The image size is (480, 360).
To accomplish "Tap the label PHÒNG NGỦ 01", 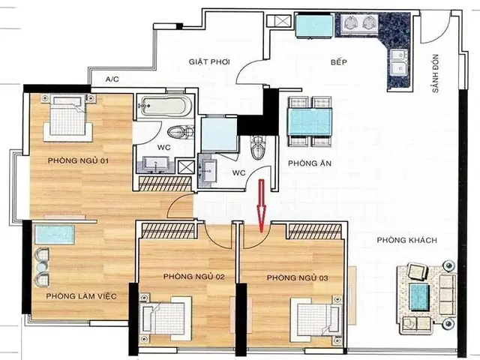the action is point(78,160).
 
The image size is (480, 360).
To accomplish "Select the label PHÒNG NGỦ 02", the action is point(193,277).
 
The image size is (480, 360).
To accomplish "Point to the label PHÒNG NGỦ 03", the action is point(297,277).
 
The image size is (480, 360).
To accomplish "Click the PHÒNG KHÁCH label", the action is point(406,240).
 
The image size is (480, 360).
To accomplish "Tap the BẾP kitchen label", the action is point(339,61).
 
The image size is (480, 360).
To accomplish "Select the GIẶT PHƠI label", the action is point(209,61).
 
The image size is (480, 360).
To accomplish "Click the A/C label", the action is point(112,79).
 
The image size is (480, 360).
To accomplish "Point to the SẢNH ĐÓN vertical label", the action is point(436,73).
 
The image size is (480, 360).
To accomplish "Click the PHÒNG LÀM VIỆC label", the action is point(82,296).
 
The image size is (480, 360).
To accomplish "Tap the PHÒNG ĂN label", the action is point(310,163).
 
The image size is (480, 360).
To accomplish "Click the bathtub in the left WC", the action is point(165,106).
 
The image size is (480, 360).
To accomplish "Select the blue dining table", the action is point(310,121).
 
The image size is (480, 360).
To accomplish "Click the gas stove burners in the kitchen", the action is point(357,22).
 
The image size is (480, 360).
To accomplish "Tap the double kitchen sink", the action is point(398,64).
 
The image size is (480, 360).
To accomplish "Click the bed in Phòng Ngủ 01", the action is point(68,118).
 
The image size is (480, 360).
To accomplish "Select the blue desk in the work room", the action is point(55,235).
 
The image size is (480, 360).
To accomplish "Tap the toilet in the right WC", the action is point(258,148).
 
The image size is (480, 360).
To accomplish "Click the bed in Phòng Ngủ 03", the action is point(316,318).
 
